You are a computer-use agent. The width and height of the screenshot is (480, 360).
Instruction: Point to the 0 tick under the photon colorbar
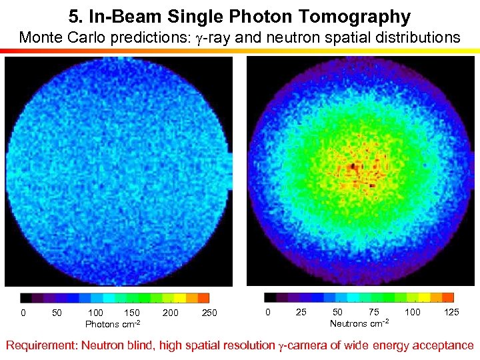click(23, 313)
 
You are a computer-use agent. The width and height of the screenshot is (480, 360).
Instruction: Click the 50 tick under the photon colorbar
click(57, 313)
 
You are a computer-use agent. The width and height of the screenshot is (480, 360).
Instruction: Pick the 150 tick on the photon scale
click(132, 313)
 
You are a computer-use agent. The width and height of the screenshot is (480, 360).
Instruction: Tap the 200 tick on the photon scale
click(171, 313)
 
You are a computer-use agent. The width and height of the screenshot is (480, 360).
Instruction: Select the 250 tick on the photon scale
click(209, 313)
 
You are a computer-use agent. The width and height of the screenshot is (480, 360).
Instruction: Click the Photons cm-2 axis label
click(113, 324)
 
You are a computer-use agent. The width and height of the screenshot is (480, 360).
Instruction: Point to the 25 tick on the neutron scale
click(301, 312)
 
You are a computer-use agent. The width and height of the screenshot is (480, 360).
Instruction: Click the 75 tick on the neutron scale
click(374, 312)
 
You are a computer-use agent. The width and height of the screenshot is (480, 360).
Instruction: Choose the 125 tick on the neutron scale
click(451, 312)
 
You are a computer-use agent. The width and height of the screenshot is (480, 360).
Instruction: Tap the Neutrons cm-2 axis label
click(359, 323)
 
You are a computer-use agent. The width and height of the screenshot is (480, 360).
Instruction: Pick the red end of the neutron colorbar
click(448, 297)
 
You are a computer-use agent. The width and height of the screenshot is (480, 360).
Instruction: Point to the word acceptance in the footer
click(440, 345)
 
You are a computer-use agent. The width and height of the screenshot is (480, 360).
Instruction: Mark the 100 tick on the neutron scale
click(413, 312)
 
